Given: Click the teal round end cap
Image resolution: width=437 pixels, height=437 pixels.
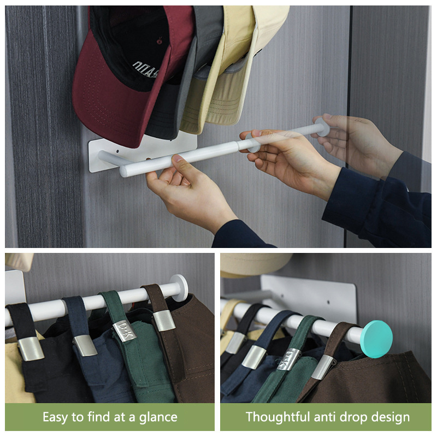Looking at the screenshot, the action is [x=376, y=339].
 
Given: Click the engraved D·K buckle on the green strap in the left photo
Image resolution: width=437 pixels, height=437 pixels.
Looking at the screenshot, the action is [x=125, y=331].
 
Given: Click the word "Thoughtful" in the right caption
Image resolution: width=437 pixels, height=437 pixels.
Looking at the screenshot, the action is [x=278, y=417].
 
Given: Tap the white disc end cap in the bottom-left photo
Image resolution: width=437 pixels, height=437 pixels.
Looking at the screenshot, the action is [x=179, y=288].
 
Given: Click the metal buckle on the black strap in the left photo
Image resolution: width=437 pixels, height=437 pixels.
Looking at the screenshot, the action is [x=31, y=349].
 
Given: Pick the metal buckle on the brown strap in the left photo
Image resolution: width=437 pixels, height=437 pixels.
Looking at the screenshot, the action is [x=164, y=321].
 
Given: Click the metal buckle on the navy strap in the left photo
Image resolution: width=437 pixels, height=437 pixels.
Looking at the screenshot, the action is [x=85, y=346].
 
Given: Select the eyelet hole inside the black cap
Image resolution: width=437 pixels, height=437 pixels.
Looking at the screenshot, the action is [x=159, y=42].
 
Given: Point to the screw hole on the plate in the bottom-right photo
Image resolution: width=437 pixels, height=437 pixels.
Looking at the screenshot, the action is [x=328, y=302].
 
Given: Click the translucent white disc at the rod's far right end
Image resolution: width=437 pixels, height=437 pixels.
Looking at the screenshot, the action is [x=323, y=127].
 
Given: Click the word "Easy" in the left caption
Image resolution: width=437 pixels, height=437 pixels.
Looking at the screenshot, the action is [x=56, y=417].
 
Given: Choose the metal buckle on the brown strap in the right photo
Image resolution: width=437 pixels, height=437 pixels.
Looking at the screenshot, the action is [x=323, y=367].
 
